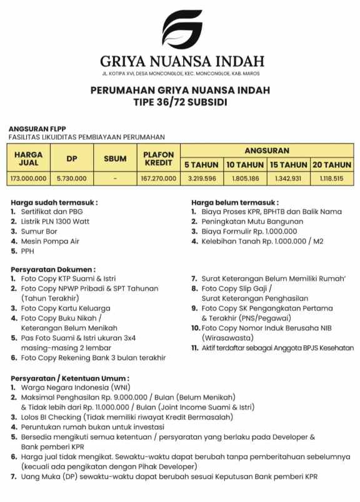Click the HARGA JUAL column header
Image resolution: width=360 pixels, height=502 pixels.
(28, 159)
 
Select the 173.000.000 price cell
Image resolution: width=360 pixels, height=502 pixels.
(28, 178)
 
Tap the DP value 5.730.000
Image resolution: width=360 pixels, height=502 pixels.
(70, 178)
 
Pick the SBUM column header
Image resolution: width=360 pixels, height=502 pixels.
(115, 159)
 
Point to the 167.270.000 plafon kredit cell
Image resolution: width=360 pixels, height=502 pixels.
(158, 178)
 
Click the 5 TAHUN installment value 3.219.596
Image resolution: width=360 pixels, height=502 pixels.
(201, 178)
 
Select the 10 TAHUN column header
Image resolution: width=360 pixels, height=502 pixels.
(244, 165)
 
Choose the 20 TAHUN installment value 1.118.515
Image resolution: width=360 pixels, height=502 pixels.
(331, 178)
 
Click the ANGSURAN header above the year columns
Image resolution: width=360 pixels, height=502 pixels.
(267, 150)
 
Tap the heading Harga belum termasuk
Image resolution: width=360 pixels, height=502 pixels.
(234, 202)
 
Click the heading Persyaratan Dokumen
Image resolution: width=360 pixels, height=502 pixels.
(53, 268)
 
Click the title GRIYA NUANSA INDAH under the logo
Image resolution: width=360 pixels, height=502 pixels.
(181, 61)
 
